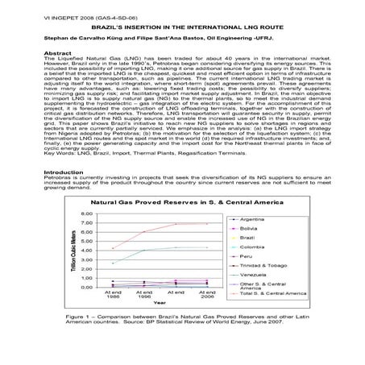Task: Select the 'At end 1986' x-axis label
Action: click(x=114, y=295)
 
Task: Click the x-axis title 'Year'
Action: click(x=160, y=304)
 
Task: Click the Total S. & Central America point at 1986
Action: click(x=114, y=247)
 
